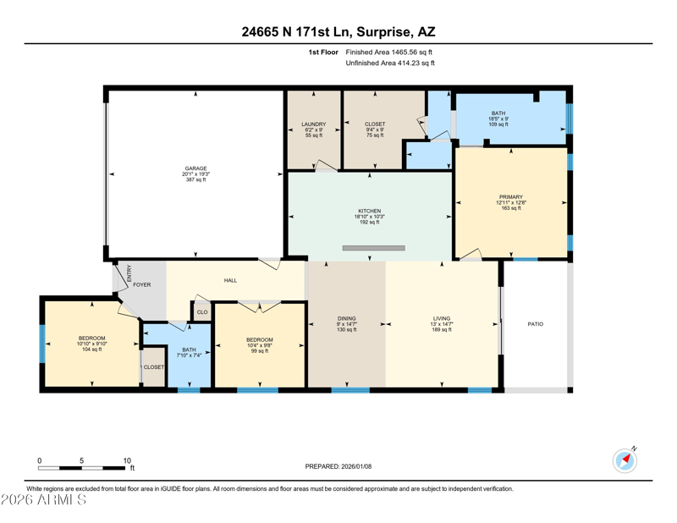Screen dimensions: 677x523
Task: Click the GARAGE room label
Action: click(x=196, y=168)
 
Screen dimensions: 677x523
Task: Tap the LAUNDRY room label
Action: click(x=314, y=124)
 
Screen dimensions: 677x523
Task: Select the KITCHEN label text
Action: click(x=370, y=212)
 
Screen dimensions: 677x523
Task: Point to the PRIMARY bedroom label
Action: click(x=511, y=197)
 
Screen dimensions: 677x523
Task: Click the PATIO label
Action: click(x=536, y=324)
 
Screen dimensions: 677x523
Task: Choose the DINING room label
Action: click(x=347, y=319)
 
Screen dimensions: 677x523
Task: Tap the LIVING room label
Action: click(x=442, y=319)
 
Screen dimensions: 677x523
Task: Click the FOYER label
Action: click(x=142, y=285)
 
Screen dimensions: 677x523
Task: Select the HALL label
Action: click(x=230, y=281)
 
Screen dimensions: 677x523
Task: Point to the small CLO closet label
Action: click(x=202, y=312)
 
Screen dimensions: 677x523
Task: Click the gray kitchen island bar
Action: click(x=374, y=248)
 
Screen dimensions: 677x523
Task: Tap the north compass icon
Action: click(x=625, y=460)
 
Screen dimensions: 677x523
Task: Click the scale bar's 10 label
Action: click(x=127, y=460)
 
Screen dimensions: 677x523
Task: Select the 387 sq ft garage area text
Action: click(x=196, y=179)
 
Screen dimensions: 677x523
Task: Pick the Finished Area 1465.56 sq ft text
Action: click(x=389, y=52)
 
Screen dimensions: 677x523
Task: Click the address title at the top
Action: click(x=338, y=31)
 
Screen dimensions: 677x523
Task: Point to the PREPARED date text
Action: click(x=338, y=466)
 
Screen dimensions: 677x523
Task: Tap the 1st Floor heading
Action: click(x=323, y=52)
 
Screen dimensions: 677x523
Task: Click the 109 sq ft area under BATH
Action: click(x=498, y=124)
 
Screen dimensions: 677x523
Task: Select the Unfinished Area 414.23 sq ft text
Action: click(x=390, y=63)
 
